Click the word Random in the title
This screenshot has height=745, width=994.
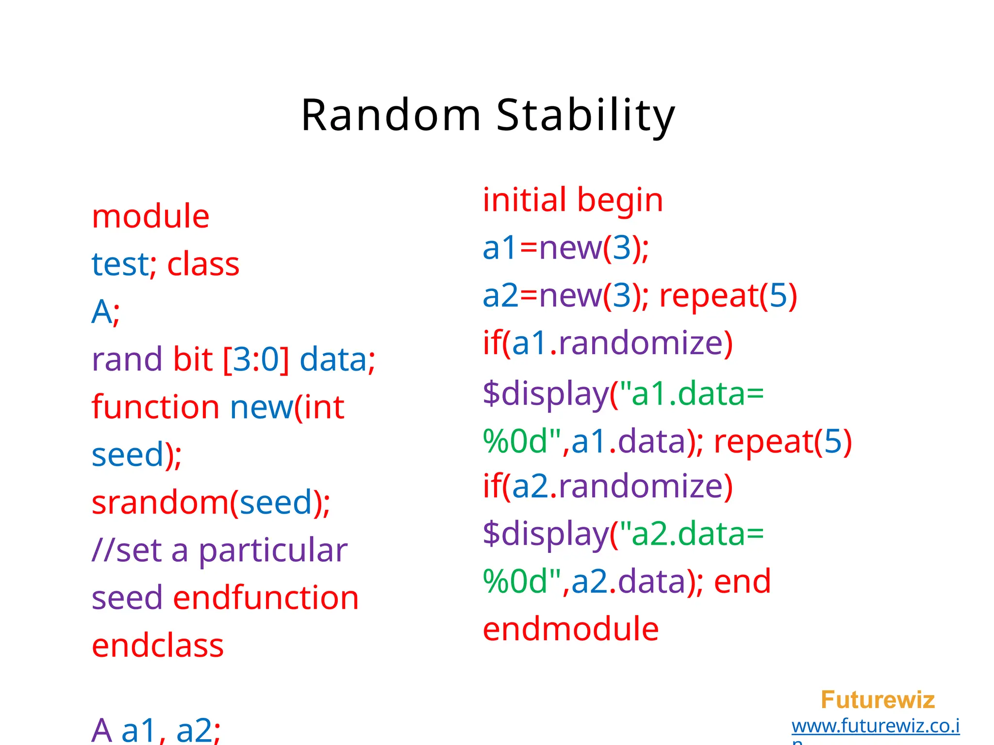[391, 115]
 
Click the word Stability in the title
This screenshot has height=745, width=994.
[585, 115]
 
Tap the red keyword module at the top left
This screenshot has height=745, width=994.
[150, 216]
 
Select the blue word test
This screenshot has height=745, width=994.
[120, 264]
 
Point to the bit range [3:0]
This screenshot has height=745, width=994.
[256, 359]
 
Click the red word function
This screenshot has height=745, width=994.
[155, 407]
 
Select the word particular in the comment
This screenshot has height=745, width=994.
[273, 551]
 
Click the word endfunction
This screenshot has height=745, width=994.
[266, 598]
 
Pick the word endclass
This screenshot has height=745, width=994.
[158, 646]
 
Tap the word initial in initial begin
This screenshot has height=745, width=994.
[524, 200]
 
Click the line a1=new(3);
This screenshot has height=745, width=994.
[565, 248]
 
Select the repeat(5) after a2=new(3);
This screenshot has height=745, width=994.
[728, 295]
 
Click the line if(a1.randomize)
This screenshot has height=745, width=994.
[608, 343]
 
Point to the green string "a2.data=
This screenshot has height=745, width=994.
[689, 534]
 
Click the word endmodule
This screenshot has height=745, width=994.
[571, 629]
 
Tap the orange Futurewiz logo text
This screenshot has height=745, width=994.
[878, 700]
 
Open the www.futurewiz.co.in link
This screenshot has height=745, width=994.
[875, 726]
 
